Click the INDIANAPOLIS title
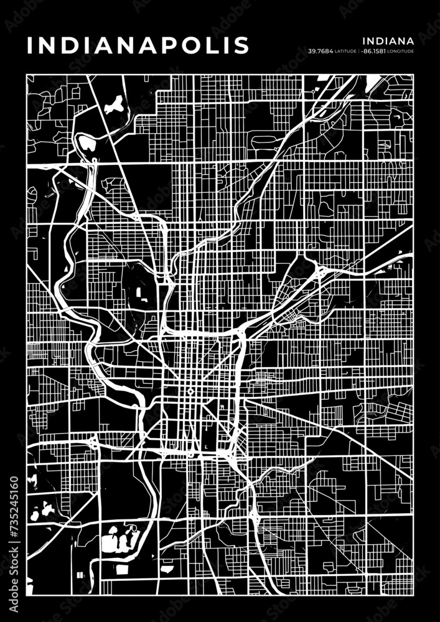coord(138,45)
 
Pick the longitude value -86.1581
coord(372,51)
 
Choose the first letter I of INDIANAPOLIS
coord(29,45)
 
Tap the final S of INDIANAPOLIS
coord(243,45)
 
